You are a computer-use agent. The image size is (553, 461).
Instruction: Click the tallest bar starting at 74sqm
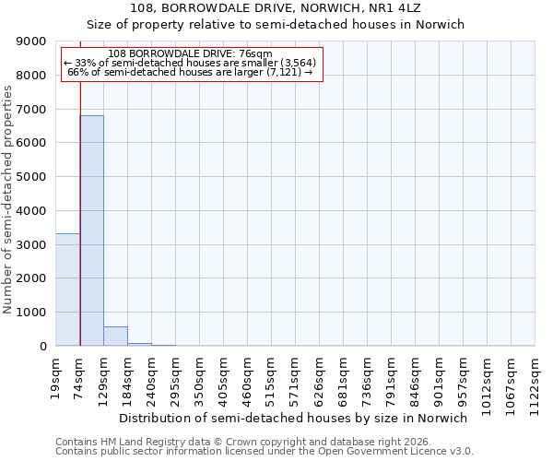coord(91,230)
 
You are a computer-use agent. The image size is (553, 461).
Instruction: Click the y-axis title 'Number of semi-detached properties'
coord(8,200)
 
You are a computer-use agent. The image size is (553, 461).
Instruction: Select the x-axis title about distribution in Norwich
coord(294,418)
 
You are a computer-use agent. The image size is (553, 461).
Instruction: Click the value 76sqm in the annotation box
coord(255,54)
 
